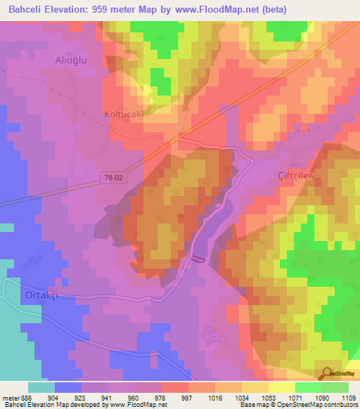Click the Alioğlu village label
click(x=71, y=60)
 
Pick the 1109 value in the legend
click(x=349, y=396)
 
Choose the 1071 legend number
click(x=295, y=396)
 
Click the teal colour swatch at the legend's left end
click(x=41, y=387)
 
